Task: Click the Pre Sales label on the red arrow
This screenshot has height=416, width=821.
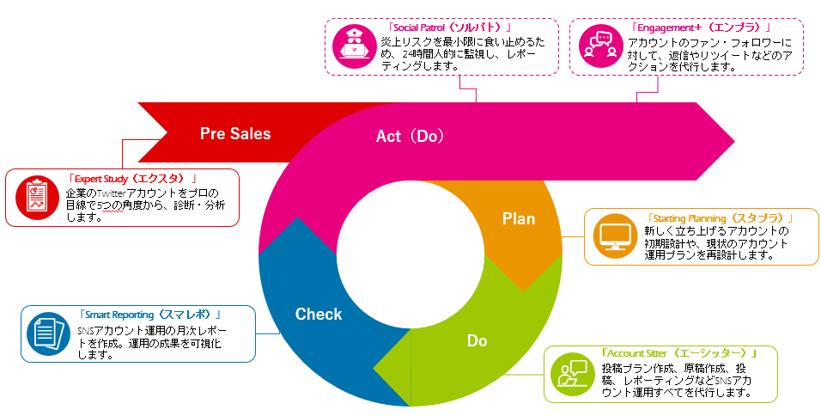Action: [235, 133]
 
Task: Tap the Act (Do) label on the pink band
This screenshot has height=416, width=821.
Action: [410, 136]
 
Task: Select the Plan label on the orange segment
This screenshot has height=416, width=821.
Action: [519, 218]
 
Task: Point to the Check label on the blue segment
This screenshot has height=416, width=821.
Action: [319, 315]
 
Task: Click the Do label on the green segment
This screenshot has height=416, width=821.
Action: [477, 341]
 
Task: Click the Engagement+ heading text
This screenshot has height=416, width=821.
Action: [701, 28]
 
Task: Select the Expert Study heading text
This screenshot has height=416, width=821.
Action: [134, 179]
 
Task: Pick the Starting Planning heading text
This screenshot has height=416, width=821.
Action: [721, 218]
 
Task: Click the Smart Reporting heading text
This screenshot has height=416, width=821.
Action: [149, 315]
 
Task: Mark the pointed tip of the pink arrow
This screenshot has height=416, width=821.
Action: [734, 142]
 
